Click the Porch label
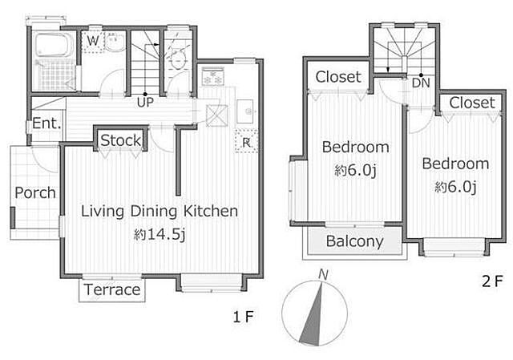(35, 192)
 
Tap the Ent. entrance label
(46, 123)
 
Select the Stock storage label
(121, 140)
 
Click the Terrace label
(112, 289)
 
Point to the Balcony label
(354, 241)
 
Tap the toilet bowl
(178, 59)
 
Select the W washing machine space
(93, 42)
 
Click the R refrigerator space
(246, 141)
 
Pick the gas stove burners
(213, 77)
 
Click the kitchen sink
(245, 111)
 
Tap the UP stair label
(145, 103)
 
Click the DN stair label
(421, 83)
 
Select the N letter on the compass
(323, 274)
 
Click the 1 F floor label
(243, 317)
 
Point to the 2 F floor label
(491, 281)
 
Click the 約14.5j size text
(160, 234)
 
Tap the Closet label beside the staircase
(338, 77)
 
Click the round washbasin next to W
(115, 42)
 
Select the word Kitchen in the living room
(210, 211)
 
